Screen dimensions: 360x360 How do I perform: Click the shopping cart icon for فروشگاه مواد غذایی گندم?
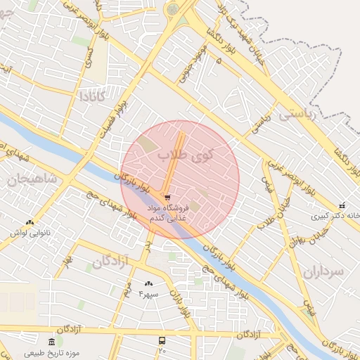click(x=167, y=198)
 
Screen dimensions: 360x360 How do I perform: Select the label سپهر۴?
click(x=150, y=293)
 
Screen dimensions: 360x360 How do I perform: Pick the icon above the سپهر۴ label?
click(x=149, y=283)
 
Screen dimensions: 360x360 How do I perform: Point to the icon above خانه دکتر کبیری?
click(x=342, y=206)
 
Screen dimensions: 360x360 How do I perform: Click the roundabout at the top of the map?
click(x=172, y=9)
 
